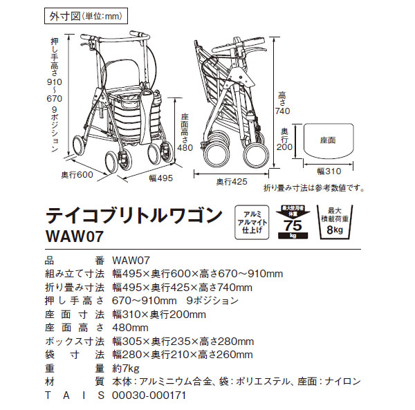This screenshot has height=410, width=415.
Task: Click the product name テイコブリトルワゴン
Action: tap(135, 213)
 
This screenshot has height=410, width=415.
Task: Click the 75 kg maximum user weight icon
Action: tap(290, 222)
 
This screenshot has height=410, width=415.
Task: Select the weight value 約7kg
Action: tap(125, 369)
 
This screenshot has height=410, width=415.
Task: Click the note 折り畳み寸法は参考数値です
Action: tap(314, 187)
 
